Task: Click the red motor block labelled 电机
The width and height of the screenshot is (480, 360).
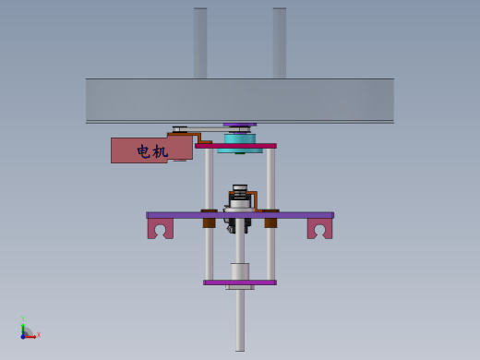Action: [x=151, y=150]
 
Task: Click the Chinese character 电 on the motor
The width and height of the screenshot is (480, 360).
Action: [x=144, y=151]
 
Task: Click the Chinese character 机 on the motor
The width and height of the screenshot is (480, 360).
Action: [x=161, y=151]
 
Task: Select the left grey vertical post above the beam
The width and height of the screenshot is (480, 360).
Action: [x=200, y=43]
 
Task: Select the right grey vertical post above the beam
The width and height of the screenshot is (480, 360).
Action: [x=280, y=43]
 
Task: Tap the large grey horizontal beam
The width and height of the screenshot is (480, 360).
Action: [x=240, y=101]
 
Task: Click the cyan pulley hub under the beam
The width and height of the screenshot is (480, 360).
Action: [x=240, y=143]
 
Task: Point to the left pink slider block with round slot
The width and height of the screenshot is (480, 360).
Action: [x=161, y=229]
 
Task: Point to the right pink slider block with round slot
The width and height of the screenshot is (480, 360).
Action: [x=320, y=229]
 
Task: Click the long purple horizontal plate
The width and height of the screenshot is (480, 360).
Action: [x=240, y=215]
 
